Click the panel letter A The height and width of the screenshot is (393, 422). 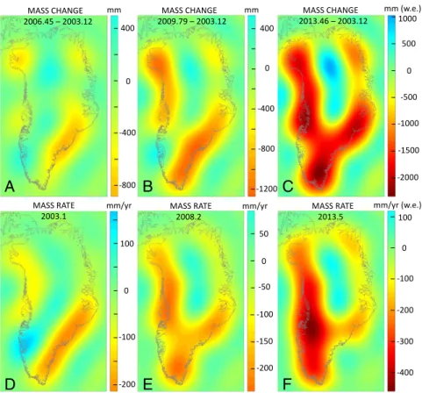coord(10,186)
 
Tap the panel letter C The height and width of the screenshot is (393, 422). coord(288,186)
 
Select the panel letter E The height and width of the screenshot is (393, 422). coord(147,384)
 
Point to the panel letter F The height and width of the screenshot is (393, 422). coord(288,384)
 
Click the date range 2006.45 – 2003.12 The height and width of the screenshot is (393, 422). coord(55,21)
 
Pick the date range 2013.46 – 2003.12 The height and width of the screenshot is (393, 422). coord(333,21)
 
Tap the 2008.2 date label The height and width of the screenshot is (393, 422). coord(192,217)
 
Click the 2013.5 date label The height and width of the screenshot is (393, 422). coord(333,217)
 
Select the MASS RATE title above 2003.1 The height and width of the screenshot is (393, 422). coord(54,205)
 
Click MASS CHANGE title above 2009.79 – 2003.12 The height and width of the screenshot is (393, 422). coord(190,11)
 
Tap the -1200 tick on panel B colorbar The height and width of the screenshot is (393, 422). coord(266,189)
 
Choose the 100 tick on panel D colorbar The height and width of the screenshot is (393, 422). coord(127,244)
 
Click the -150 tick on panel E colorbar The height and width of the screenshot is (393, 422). coord(264,341)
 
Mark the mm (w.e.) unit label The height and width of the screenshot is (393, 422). coord(403,10)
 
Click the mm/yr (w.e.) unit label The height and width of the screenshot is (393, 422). coord(397,205)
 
